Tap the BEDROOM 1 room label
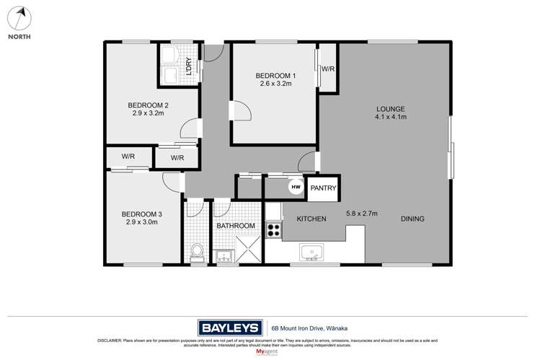[275, 75]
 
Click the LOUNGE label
[390, 109]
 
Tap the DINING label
[412, 219]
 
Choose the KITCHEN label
[311, 219]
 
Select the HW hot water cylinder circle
[295, 188]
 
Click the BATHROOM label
[236, 226]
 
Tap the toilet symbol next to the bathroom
[196, 252]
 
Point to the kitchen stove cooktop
[274, 232]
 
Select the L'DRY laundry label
[189, 66]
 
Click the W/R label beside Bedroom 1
[328, 69]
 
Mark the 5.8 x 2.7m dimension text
[362, 213]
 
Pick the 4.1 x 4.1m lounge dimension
[390, 117]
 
